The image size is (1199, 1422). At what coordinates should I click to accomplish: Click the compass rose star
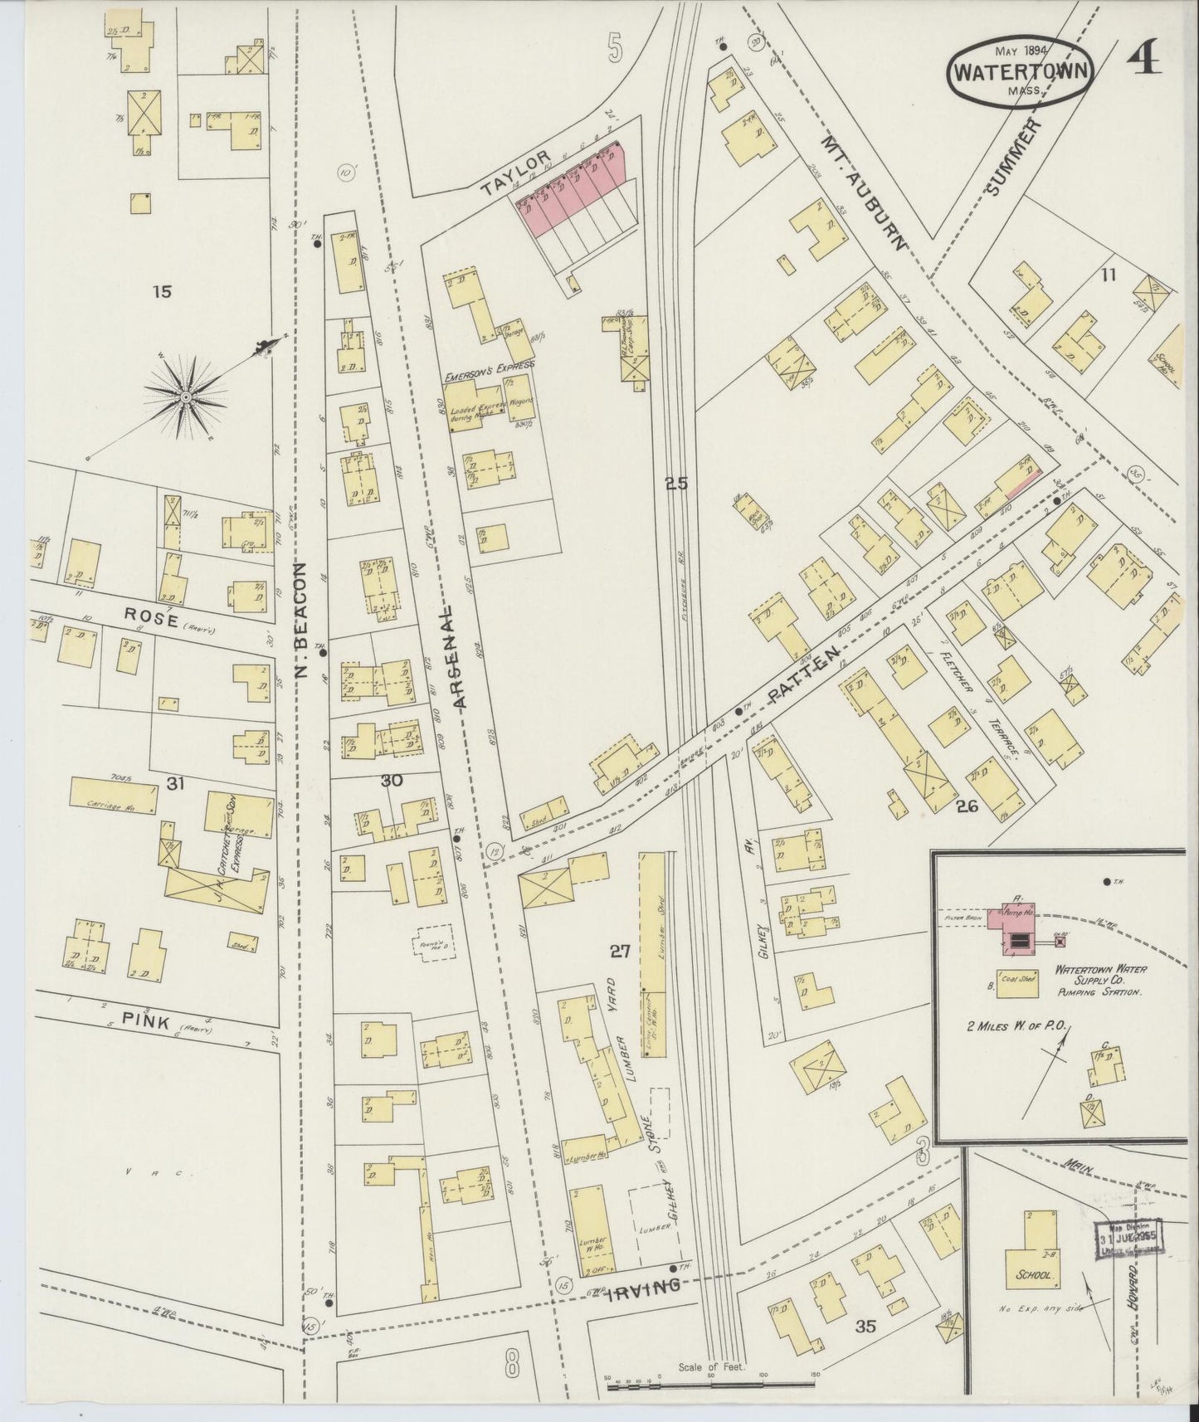coord(186,398)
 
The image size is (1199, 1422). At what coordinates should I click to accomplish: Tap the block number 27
coord(620,952)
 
